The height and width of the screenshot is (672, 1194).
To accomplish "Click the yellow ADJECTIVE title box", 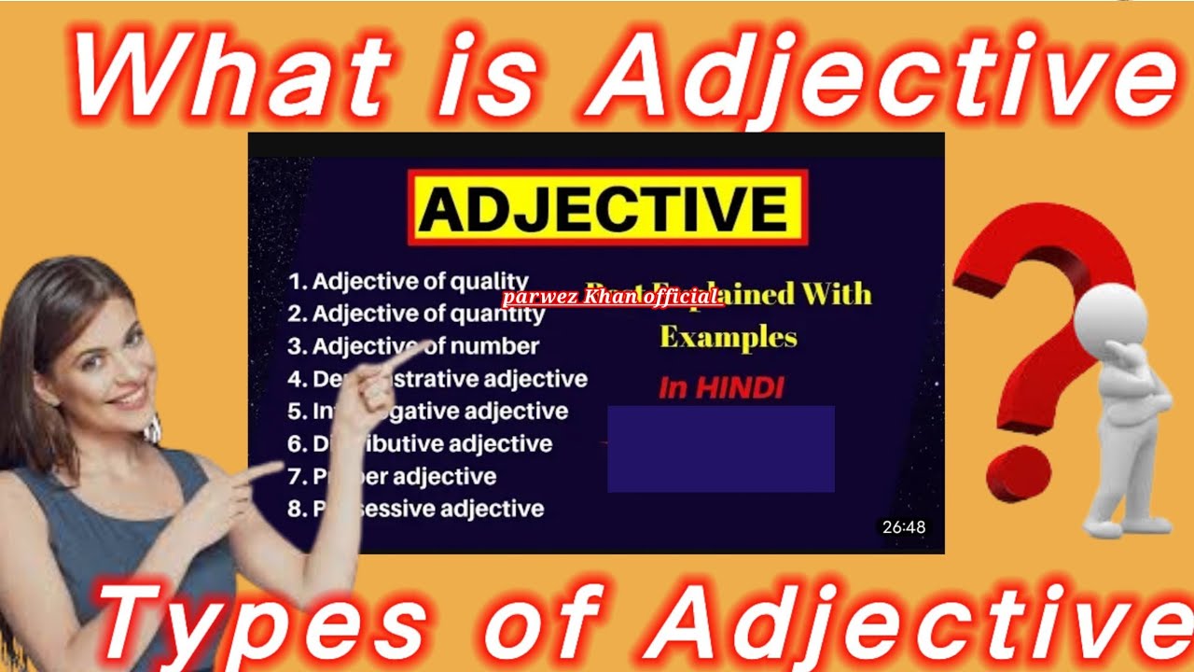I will click(x=607, y=207).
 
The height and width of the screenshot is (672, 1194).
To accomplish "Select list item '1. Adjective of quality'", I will click(x=408, y=282).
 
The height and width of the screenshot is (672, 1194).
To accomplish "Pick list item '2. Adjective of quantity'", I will click(x=416, y=314).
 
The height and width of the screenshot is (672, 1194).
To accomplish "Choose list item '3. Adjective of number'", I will click(x=413, y=346).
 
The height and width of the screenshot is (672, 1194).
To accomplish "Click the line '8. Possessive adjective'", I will click(x=416, y=509).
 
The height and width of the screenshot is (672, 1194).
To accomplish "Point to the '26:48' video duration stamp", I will click(x=903, y=527).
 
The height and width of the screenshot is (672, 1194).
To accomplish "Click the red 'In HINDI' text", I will click(x=721, y=388).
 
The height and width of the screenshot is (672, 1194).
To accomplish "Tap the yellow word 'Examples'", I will click(x=728, y=337).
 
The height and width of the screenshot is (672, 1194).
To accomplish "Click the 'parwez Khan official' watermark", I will click(x=612, y=298).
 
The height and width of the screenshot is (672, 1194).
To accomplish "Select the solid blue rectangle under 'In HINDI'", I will click(x=720, y=449).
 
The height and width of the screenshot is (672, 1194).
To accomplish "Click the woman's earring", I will click(x=152, y=429).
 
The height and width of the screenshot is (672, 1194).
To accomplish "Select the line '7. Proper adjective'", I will click(x=392, y=476).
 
